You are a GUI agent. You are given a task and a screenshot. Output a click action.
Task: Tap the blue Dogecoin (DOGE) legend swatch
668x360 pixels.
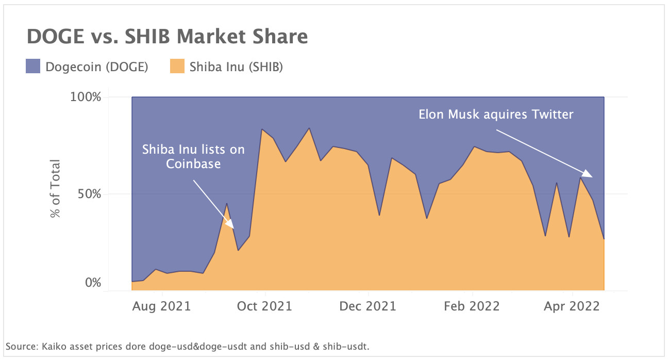click(x=32, y=67)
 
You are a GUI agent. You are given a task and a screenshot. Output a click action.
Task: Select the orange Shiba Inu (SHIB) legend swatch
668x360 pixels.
click(x=177, y=67)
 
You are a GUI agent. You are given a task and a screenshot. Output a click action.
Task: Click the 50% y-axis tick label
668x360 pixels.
click(x=88, y=194)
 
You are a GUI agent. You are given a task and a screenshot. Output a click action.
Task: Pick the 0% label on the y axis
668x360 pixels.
click(x=92, y=283)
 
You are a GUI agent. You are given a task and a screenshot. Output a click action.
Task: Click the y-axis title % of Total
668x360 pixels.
click(x=55, y=189)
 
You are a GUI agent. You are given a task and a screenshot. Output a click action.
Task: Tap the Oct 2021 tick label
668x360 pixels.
click(x=265, y=306)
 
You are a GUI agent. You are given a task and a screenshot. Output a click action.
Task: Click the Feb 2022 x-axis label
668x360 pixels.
click(x=472, y=306)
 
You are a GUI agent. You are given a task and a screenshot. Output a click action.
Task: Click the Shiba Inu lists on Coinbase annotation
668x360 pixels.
click(x=193, y=156)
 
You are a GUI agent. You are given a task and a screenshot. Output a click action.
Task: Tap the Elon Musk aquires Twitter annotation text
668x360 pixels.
click(x=495, y=114)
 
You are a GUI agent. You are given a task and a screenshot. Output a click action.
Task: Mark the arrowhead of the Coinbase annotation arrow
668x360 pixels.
click(x=231, y=224)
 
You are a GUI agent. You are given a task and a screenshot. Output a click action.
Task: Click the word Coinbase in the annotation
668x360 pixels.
click(x=193, y=164)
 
